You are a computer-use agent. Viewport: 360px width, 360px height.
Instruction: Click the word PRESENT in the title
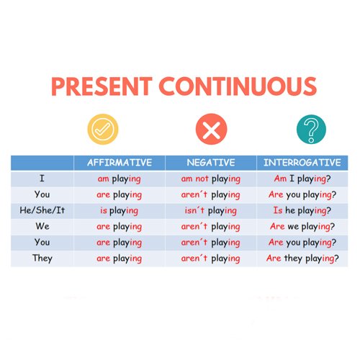pos(102,86)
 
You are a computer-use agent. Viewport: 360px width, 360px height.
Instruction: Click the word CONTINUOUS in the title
pos(238,86)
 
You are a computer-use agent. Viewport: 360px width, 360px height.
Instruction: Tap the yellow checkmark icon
pos(103,129)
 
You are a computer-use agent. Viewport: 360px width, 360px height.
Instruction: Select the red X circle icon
pos(211,129)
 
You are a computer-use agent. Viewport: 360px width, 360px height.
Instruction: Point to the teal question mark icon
pos(311,129)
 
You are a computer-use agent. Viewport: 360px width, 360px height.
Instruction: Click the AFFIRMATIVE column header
pos(120,163)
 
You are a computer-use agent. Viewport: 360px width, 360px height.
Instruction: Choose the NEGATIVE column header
pos(211,163)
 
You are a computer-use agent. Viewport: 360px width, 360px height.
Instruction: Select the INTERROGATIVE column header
pos(302,163)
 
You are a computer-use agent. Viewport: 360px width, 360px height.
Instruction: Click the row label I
pos(42,179)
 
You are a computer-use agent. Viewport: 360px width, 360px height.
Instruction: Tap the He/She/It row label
pos(42,210)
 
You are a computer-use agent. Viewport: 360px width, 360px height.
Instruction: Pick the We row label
pos(42,226)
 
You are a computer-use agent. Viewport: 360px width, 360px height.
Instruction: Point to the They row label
pos(42,258)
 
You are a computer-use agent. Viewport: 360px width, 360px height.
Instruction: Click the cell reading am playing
pos(120,179)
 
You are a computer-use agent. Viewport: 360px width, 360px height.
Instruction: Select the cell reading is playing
pos(120,211)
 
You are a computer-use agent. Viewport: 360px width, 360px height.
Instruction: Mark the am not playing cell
pos(211,179)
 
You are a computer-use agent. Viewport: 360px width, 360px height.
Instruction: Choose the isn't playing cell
pos(211,211)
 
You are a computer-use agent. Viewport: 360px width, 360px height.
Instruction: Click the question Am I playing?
pos(302,179)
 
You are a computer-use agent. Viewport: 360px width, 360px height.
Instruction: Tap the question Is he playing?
pos(302,211)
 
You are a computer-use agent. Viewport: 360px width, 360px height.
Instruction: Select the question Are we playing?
pos(302,227)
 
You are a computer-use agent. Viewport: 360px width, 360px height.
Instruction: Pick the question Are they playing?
pos(302,259)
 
